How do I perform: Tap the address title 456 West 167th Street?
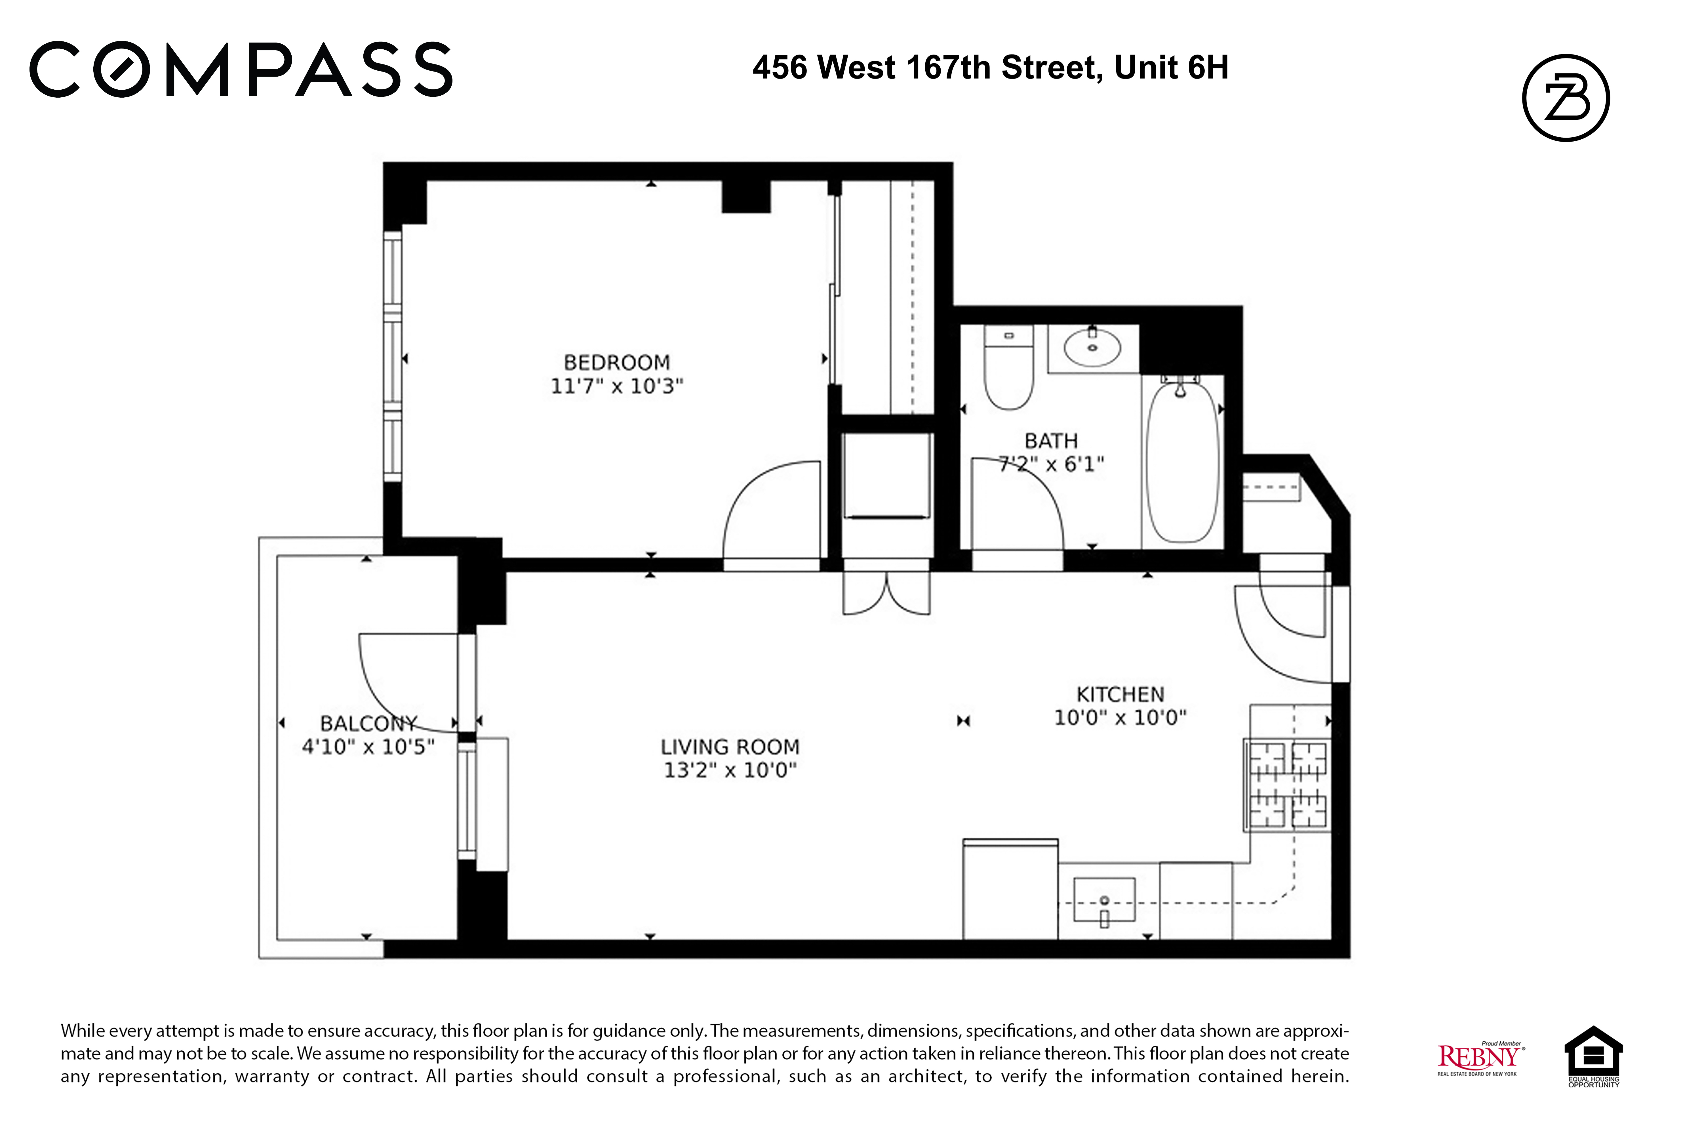pyautogui.click(x=990, y=68)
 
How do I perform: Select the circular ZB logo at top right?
pyautogui.click(x=1565, y=98)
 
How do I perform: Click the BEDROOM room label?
pyautogui.click(x=616, y=362)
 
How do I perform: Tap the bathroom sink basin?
pyautogui.click(x=1092, y=348)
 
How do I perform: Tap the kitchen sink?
pyautogui.click(x=1103, y=900)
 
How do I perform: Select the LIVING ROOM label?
pyautogui.click(x=729, y=746)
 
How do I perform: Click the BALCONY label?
pyautogui.click(x=368, y=723)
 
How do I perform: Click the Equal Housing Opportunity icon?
pyautogui.click(x=1593, y=1055)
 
